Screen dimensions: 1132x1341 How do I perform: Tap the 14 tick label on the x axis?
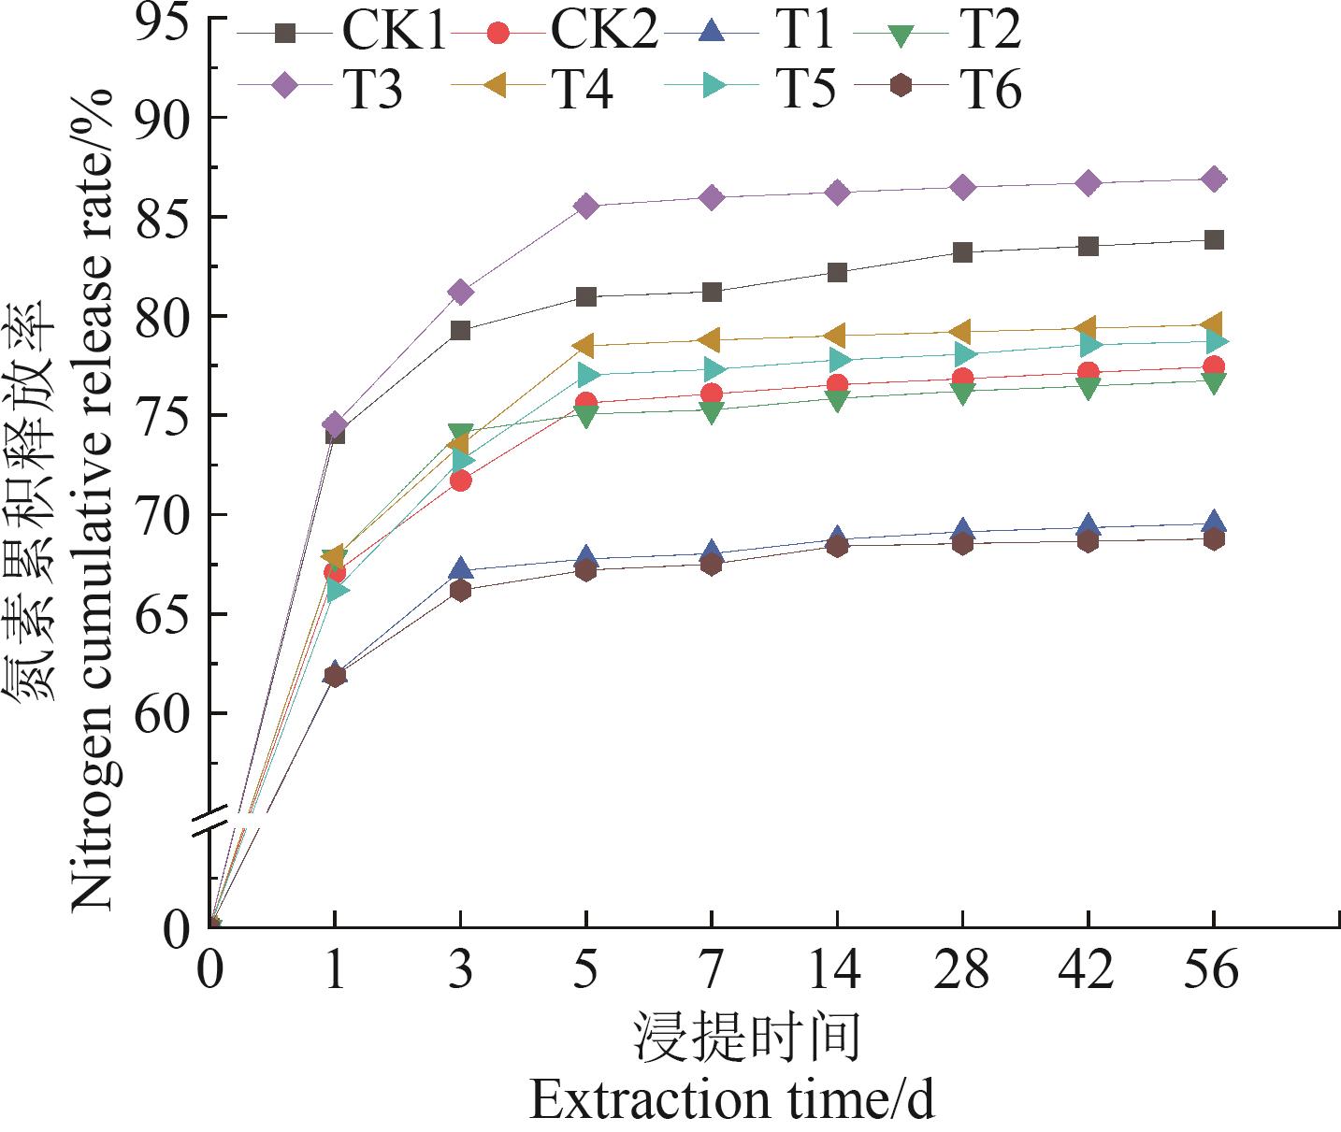(836, 969)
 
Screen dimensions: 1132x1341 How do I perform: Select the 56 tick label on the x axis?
(1213, 969)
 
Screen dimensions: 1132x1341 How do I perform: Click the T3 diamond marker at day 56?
(1213, 179)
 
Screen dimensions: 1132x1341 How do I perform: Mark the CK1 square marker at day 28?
(962, 252)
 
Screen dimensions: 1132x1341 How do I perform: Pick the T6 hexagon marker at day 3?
(460, 590)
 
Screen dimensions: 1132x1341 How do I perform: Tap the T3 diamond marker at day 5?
(586, 207)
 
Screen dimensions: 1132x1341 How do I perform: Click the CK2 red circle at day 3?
(460, 480)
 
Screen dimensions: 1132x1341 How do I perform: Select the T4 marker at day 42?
(1087, 328)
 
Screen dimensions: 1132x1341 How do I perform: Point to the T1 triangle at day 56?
(1213, 523)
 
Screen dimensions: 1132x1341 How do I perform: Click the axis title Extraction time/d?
(731, 1100)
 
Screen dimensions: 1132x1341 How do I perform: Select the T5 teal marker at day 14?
(838, 361)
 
